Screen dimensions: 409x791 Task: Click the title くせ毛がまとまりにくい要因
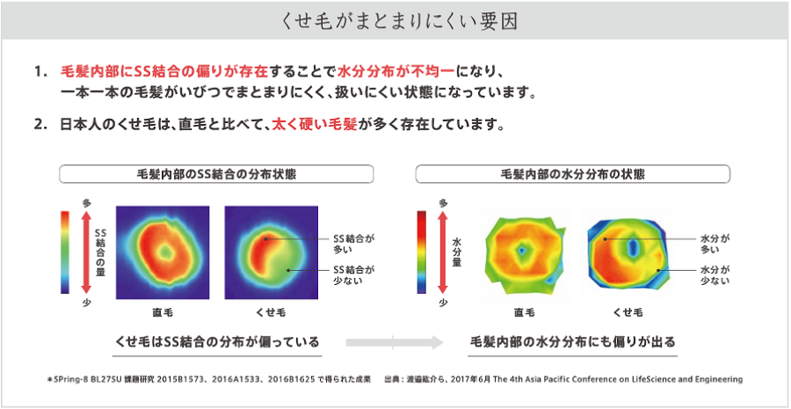[x=395, y=19]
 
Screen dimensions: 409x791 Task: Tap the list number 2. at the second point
[x=40, y=124]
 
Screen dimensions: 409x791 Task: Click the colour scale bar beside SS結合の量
[x=64, y=252]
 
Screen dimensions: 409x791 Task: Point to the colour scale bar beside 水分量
[x=424, y=252]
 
